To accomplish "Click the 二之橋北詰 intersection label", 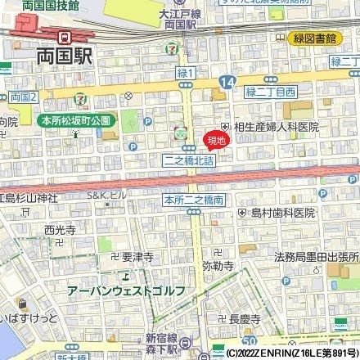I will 188,161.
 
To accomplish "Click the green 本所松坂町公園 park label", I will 75,120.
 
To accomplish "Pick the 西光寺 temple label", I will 59,229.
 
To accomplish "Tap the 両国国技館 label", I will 29,5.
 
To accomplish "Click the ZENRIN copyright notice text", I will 290,353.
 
